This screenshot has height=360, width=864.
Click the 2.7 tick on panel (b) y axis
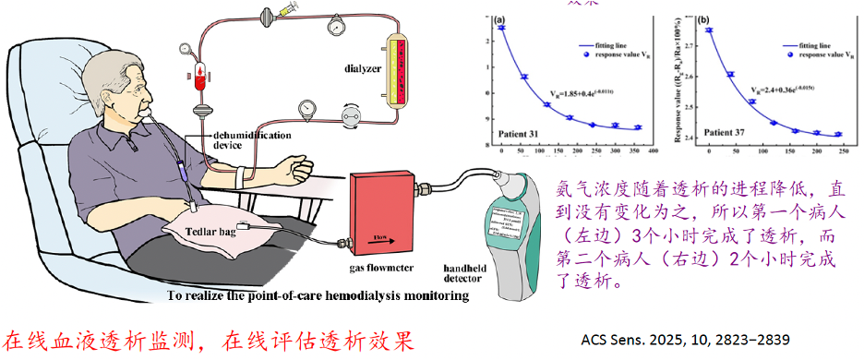pos(690,30)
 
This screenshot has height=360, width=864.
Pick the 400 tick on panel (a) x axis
pos(652,150)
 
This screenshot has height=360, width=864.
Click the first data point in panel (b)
pos(709,30)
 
